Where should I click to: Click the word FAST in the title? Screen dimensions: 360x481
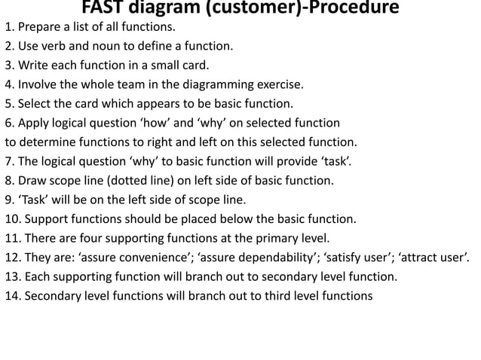coord(104,9)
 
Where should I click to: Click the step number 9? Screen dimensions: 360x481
coord(9,200)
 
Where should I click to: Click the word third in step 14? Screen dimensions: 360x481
coord(275,295)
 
